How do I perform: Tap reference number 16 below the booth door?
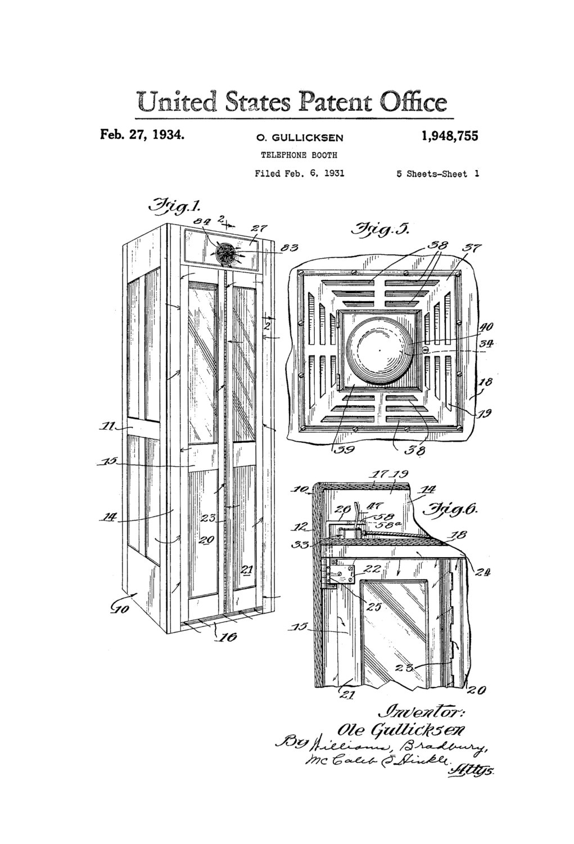(228, 637)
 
